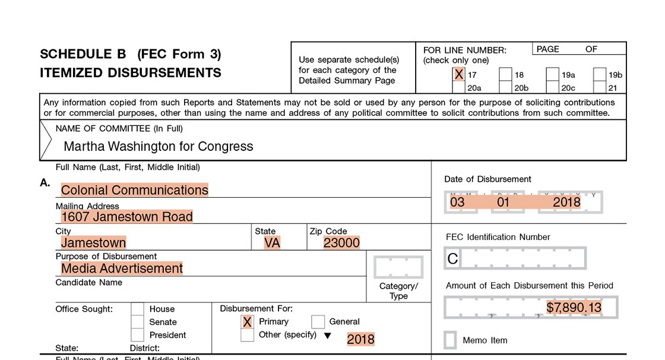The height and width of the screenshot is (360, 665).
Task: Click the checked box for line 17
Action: click(458, 74)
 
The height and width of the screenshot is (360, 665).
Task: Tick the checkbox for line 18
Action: click(505, 75)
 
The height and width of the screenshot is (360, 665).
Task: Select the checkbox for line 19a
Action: click(552, 75)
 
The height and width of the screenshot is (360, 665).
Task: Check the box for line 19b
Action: click(599, 75)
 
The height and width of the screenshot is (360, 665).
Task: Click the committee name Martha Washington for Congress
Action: click(158, 146)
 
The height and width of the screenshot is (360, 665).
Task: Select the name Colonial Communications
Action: click(135, 190)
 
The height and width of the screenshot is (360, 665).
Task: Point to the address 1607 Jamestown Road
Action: click(127, 217)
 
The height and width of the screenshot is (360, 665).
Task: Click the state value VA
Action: click(273, 242)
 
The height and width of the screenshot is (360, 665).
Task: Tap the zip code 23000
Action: click(341, 242)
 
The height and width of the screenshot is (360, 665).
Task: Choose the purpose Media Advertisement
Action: click(122, 269)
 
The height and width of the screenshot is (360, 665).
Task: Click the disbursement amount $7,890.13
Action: click(574, 308)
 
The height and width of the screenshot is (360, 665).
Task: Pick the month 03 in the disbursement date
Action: click(457, 202)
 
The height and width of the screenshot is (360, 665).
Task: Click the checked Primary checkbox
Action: click(248, 322)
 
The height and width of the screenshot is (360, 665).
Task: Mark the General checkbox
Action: click(318, 322)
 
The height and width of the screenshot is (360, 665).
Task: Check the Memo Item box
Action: click(451, 340)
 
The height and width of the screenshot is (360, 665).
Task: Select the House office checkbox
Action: click(137, 309)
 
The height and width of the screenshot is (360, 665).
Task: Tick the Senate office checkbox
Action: click(137, 322)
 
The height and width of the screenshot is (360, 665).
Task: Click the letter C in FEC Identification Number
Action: click(452, 258)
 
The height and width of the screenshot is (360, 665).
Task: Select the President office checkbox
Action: click(137, 335)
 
